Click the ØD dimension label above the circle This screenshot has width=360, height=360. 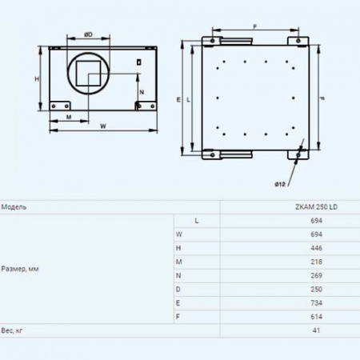coord(88,34)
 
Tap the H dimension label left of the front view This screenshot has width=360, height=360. coord(37,79)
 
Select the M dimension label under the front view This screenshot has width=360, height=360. coord(69,117)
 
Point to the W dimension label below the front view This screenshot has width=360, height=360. coord(103,126)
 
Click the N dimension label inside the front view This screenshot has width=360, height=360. coord(142,92)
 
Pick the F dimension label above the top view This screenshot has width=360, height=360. coord(255,26)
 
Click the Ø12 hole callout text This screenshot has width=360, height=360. coord(280,184)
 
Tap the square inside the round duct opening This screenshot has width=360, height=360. coord(89,74)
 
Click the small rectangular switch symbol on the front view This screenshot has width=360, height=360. coord(139,62)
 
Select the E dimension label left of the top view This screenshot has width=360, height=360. coord(178,100)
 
